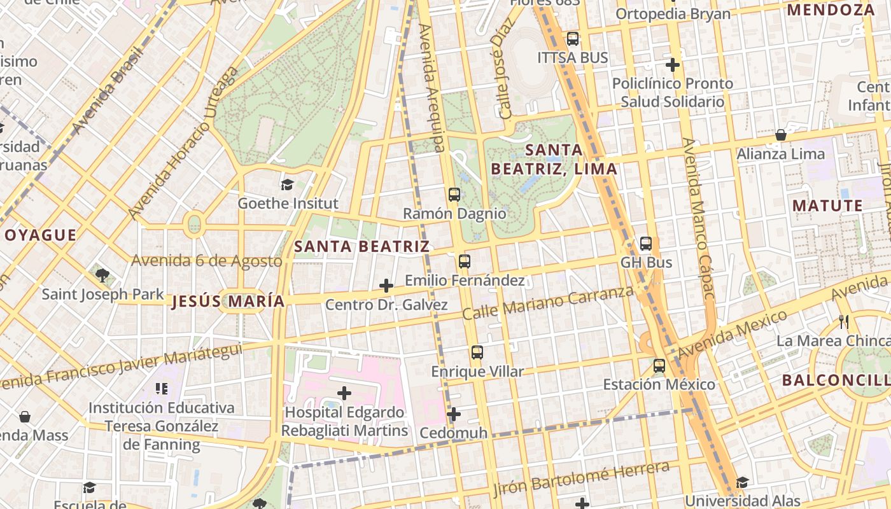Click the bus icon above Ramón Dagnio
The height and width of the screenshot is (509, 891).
tap(454, 195)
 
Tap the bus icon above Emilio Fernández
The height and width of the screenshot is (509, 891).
tap(465, 261)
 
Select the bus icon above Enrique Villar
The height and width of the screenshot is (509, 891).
tap(477, 352)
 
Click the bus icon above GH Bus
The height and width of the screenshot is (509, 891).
tap(646, 244)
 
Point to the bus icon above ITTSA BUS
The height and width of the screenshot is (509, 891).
tap(573, 39)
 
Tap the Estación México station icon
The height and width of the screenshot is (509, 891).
tap(659, 366)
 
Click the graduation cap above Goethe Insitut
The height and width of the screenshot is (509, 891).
tap(287, 185)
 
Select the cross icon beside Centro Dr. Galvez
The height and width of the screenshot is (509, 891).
tap(386, 286)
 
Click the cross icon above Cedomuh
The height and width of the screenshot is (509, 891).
tap(453, 415)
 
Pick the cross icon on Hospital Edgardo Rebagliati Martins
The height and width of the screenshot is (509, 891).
tap(344, 393)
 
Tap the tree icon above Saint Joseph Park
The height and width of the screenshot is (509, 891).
tap(102, 275)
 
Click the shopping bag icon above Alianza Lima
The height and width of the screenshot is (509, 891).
tap(780, 135)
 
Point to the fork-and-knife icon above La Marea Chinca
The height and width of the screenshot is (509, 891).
tap(844, 322)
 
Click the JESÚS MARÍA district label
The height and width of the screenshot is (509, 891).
tap(228, 302)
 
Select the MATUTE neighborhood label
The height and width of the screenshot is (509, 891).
tap(827, 206)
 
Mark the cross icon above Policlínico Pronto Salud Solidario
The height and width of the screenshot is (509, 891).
tap(673, 65)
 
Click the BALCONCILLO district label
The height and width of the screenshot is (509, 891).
tap(836, 380)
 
